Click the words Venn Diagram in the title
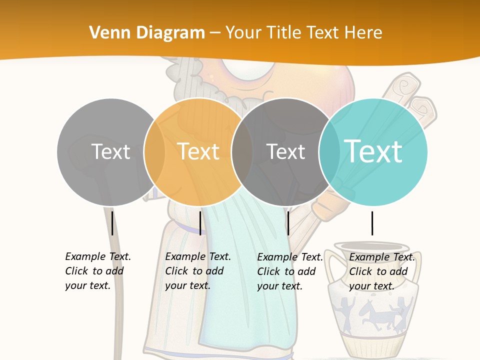[147, 33]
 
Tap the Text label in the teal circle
[373, 151]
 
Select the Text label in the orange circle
[198, 151]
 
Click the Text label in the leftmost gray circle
[111, 151]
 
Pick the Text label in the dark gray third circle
[285, 151]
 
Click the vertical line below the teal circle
[372, 223]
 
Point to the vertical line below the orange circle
[200, 223]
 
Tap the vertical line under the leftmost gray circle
[112, 223]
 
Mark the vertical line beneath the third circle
[288, 223]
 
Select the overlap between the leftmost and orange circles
[154, 152]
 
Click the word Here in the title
[364, 33]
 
